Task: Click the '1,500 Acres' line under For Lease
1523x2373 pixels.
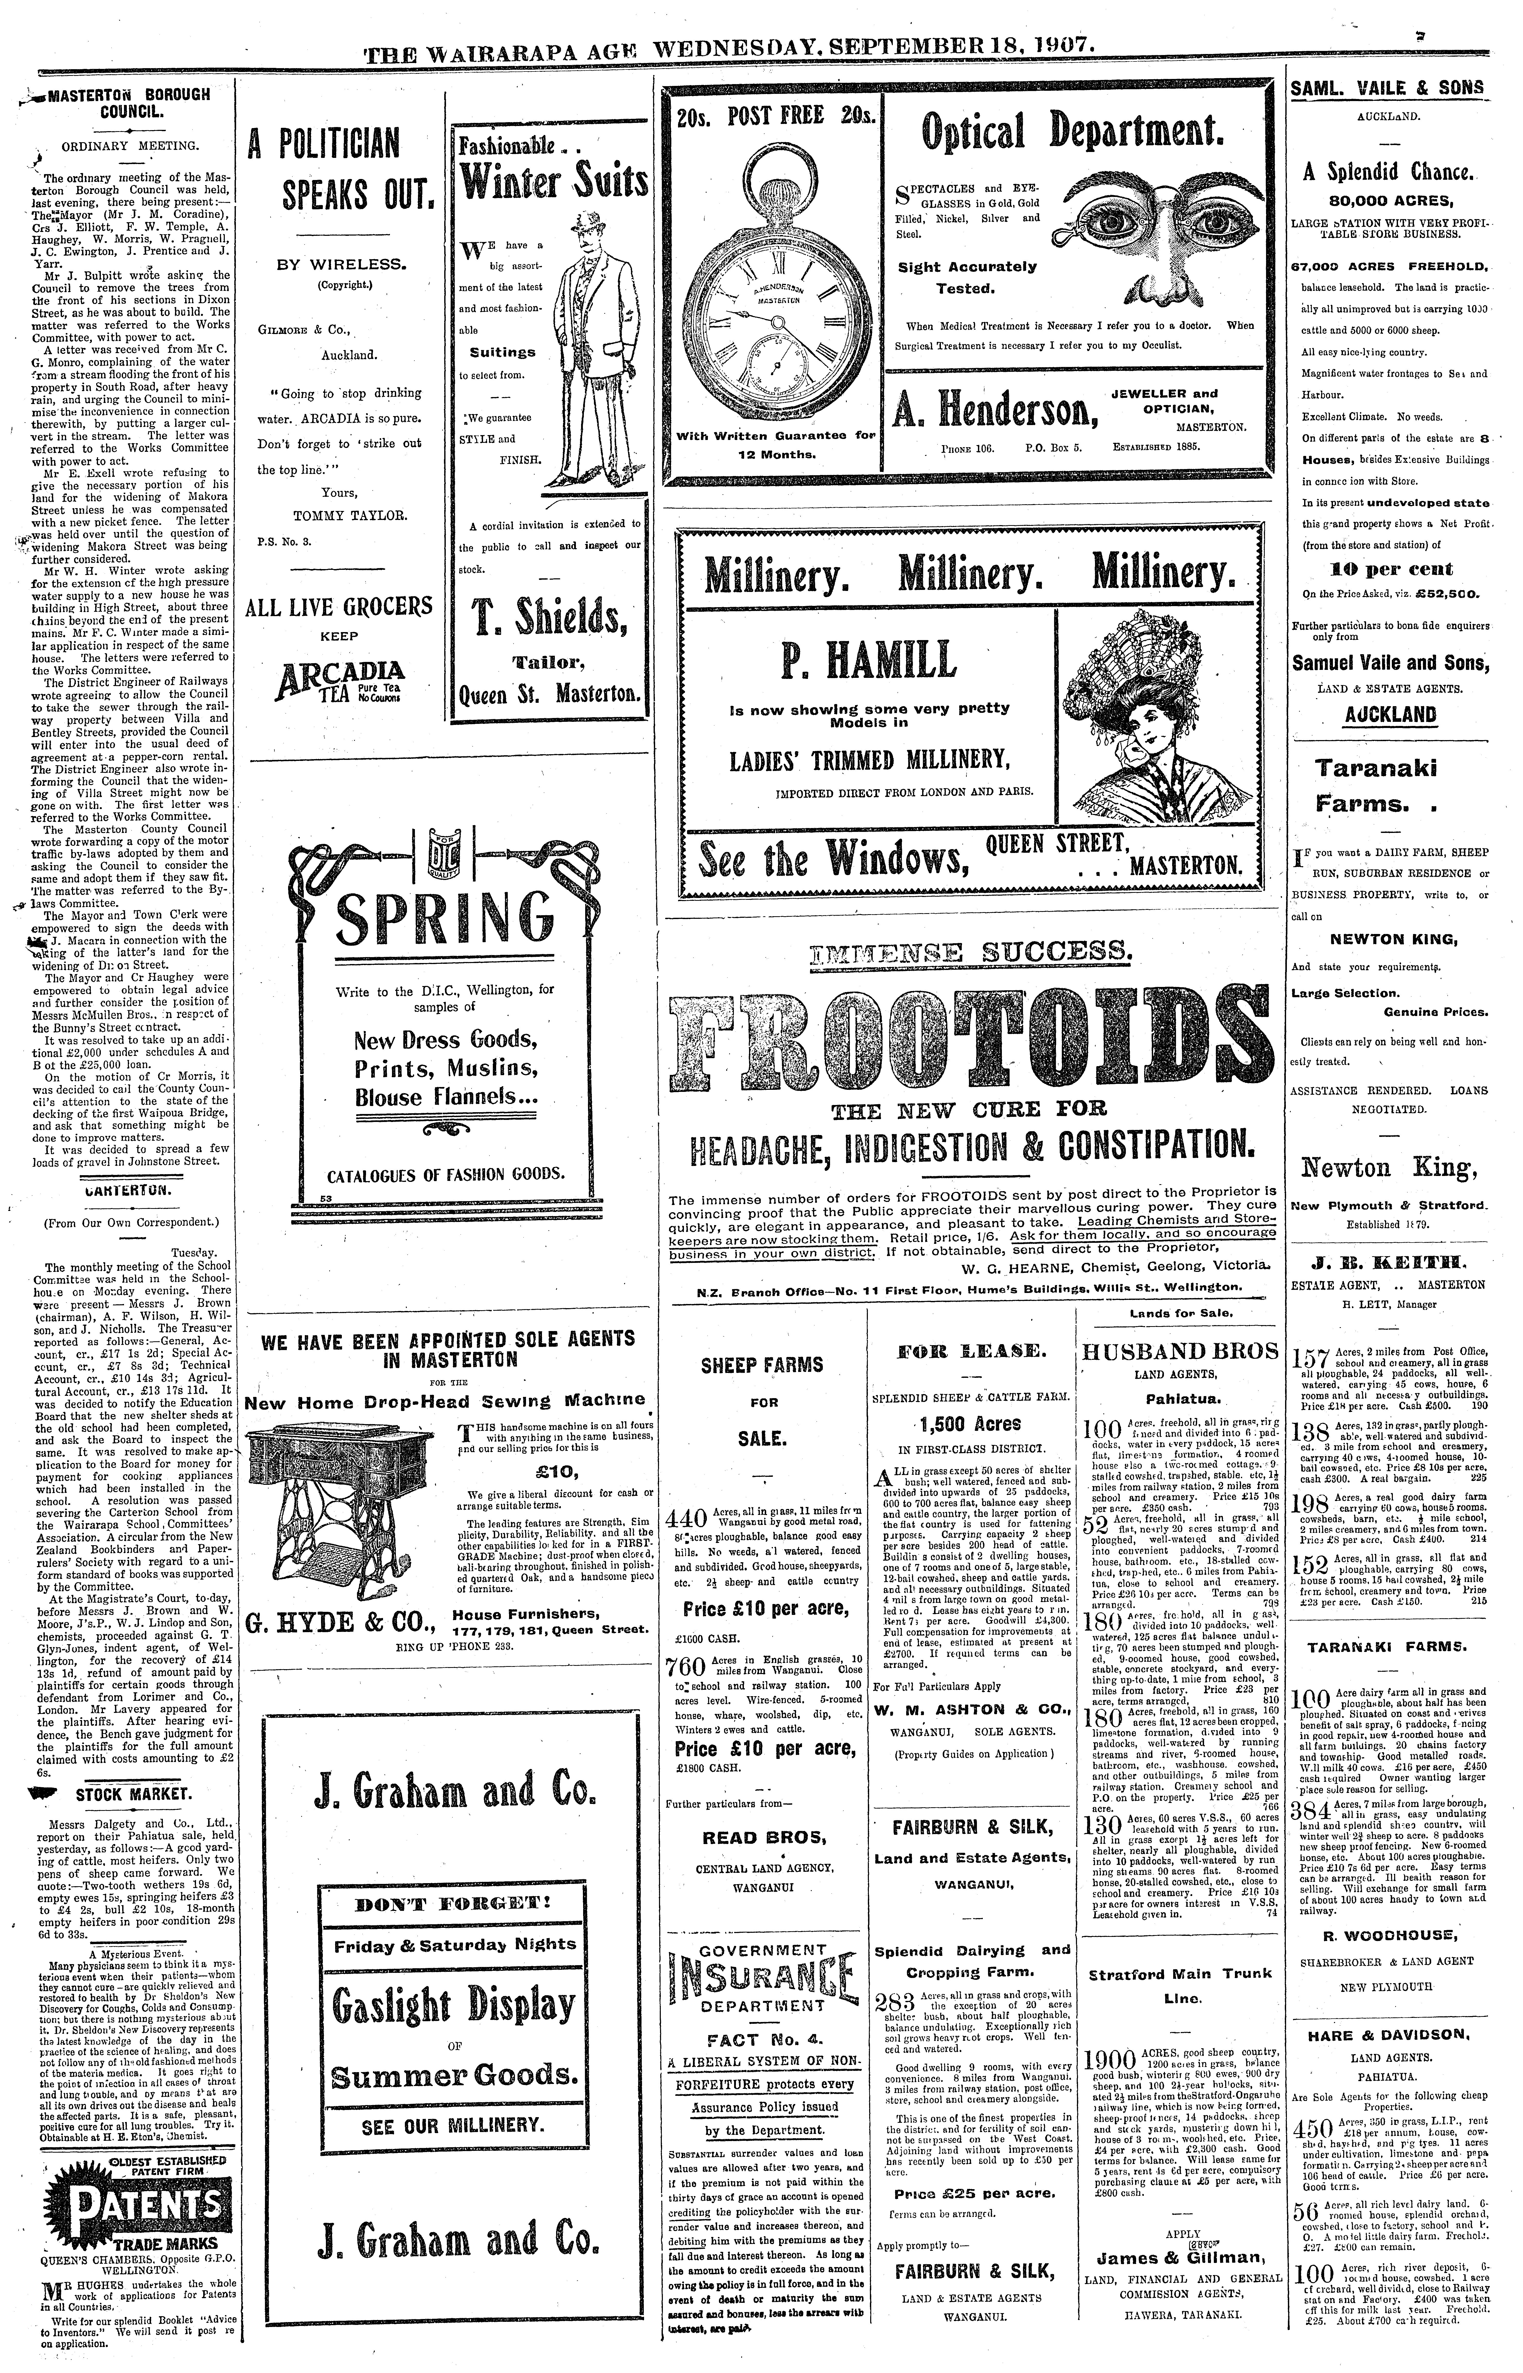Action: [x=969, y=1424]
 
